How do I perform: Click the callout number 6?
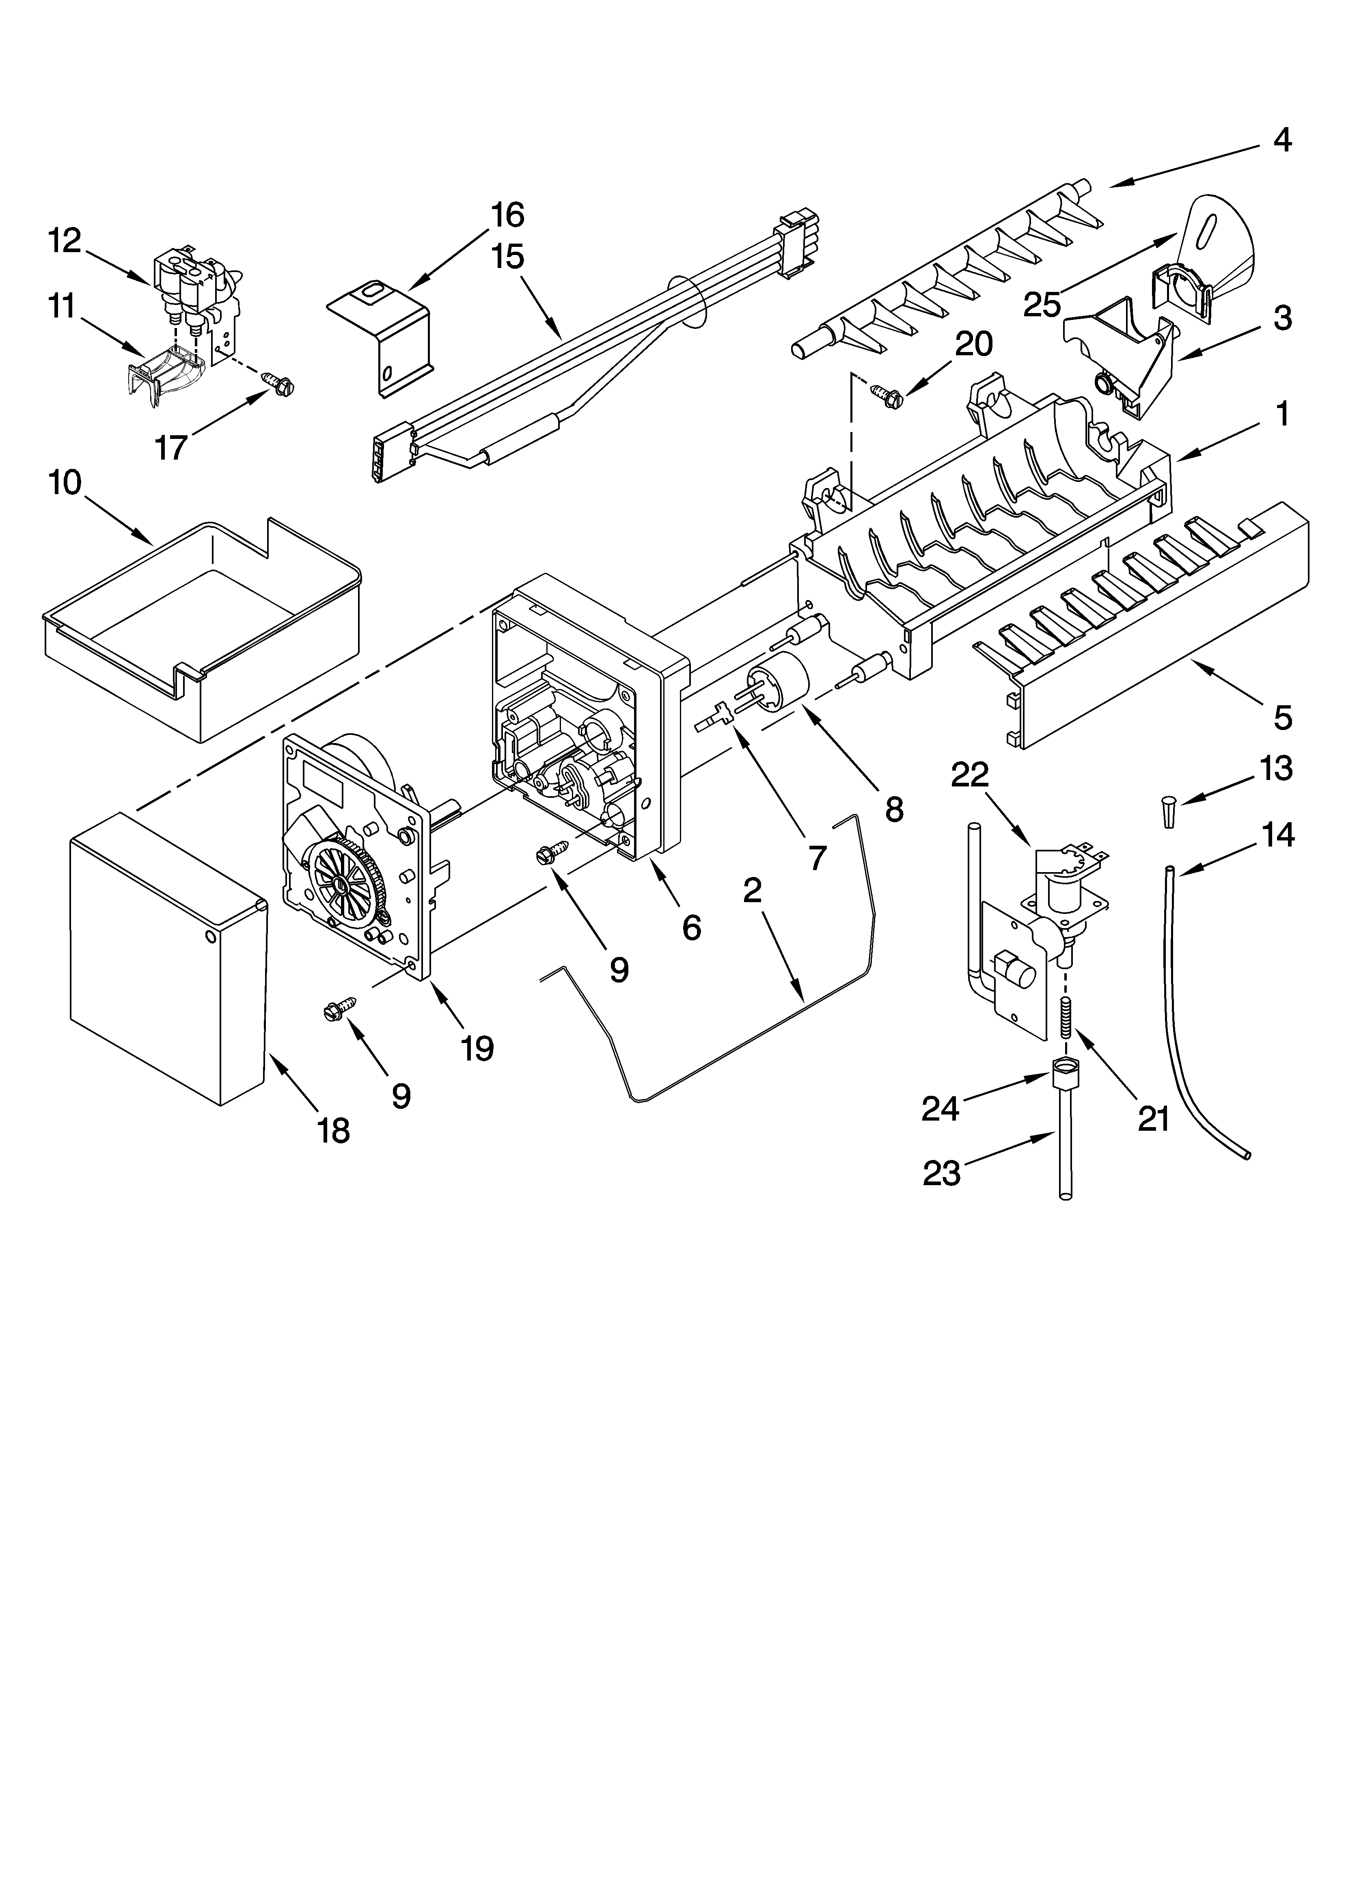(x=691, y=928)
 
